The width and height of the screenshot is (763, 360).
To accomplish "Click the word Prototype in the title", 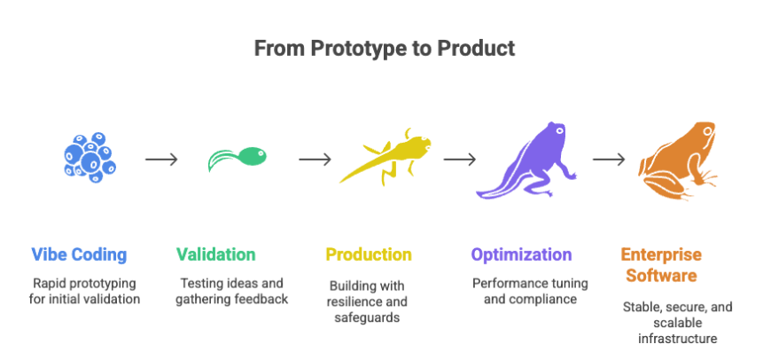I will (345, 48).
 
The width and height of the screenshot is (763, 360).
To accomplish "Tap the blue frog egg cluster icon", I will (88, 157).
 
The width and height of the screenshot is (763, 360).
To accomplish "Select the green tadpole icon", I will (237, 157).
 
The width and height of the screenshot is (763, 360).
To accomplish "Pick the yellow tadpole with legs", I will (387, 157).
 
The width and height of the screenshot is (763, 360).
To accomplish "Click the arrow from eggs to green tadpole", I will (161, 160).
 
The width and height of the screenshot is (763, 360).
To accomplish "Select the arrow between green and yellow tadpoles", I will (315, 160).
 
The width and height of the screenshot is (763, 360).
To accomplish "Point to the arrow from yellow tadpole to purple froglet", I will (460, 160).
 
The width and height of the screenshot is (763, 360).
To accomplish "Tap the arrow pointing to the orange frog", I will (610, 160).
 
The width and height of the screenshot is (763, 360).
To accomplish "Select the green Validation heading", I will (216, 254).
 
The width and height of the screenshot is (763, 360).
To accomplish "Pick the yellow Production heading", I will (369, 254).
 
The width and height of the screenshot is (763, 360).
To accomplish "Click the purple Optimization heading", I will (521, 254).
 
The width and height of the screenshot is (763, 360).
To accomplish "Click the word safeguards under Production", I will (368, 317).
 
